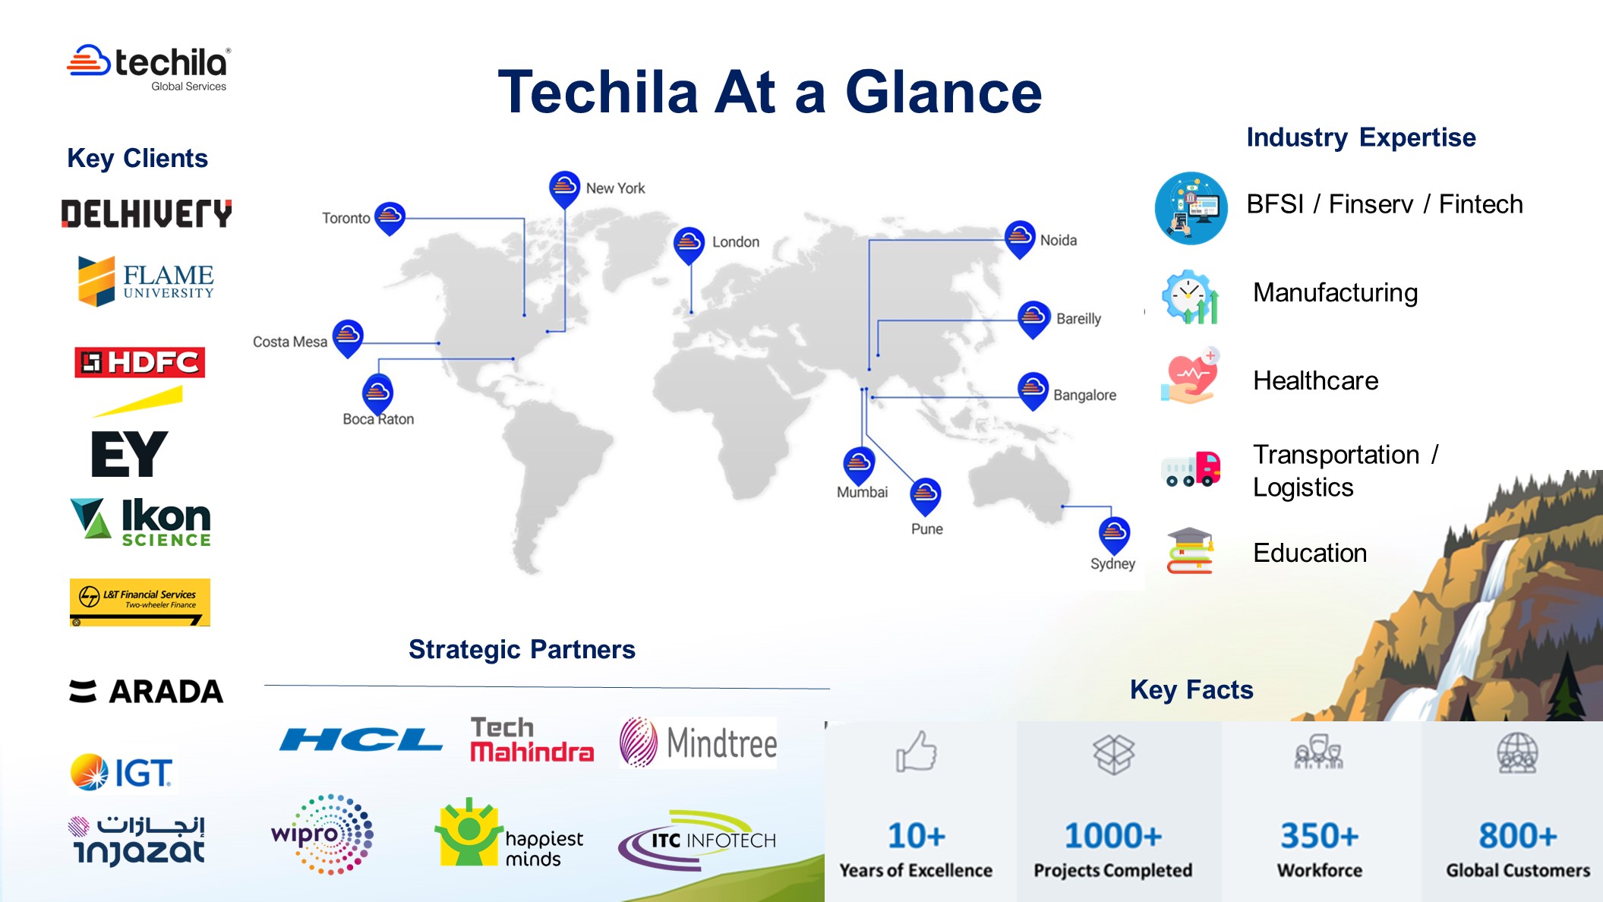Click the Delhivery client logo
click(147, 213)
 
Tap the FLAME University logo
click(146, 281)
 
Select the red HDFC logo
click(140, 362)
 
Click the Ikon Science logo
click(141, 522)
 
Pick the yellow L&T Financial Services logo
click(140, 602)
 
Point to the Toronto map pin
click(390, 217)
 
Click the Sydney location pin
click(1114, 534)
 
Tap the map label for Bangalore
click(1084, 395)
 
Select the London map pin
click(689, 243)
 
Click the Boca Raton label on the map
click(378, 419)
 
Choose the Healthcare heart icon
click(1190, 377)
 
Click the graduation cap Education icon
click(1190, 551)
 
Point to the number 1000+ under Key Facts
click(1112, 836)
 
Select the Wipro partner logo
click(322, 834)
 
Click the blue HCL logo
click(361, 740)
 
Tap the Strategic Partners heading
click(522, 650)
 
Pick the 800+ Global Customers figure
click(1517, 836)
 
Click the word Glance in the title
click(943, 92)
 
